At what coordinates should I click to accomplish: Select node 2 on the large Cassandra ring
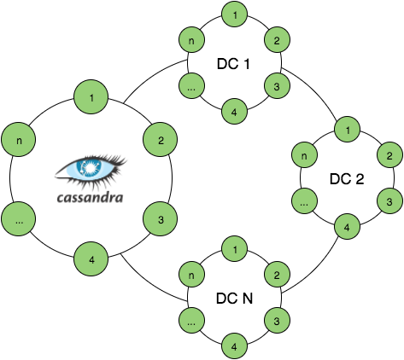pos(161,139)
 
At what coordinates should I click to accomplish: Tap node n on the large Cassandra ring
pos(19,139)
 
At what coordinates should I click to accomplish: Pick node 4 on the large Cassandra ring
pos(91,259)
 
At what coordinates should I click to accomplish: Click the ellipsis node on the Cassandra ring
pos(19,219)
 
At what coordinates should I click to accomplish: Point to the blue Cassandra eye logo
pos(91,171)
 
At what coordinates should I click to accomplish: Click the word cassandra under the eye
pos(91,197)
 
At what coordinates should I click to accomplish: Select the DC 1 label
pos(233,64)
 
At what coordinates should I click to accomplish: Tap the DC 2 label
pos(347,179)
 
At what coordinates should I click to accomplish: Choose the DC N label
pos(234,299)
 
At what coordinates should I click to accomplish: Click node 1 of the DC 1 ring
pos(235,15)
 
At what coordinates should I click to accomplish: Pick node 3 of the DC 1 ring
pos(278,86)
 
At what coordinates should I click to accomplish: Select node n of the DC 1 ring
pos(192,40)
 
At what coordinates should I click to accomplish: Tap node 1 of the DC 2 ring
pos(348,130)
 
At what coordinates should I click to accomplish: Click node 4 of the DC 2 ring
pos(348,227)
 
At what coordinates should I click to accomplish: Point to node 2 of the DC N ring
pos(278,275)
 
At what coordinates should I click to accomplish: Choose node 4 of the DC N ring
pos(235,346)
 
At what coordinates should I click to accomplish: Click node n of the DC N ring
pos(192,275)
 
